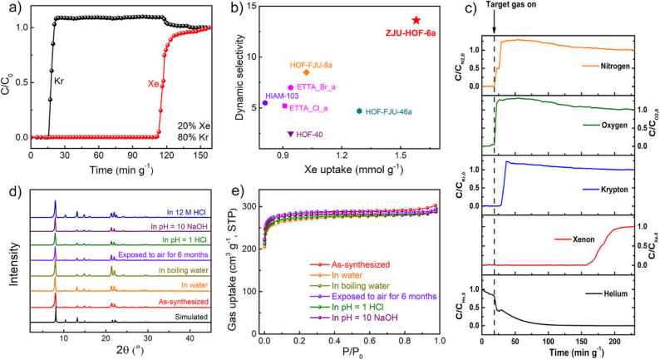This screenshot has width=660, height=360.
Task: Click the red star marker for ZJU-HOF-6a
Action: click(x=416, y=20)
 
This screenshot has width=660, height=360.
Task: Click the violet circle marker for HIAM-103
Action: click(x=265, y=103)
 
